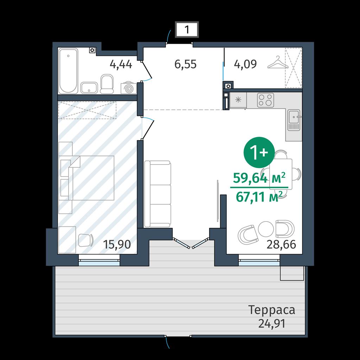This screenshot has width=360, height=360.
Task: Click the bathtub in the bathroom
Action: [x=69, y=71]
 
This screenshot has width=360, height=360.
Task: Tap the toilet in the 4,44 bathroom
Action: [x=107, y=84]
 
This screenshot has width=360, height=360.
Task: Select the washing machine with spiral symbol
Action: [x=129, y=88]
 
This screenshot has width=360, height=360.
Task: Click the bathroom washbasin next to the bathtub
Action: [x=89, y=88]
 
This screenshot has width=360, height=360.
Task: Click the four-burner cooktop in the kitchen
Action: [x=266, y=100]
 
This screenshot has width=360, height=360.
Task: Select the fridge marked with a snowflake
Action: [x=238, y=100]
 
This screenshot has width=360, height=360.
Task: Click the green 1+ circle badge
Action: [x=259, y=152]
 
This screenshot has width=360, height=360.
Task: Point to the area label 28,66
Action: [x=281, y=245]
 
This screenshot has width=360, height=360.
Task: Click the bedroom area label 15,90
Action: [x=117, y=244]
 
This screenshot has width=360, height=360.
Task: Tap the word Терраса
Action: [x=272, y=310]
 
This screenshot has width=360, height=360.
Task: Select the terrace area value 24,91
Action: [x=272, y=324]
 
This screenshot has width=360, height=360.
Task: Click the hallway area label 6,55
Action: [x=186, y=64]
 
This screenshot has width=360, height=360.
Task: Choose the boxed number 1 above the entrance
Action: [x=187, y=30]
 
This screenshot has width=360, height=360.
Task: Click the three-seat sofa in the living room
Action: [x=157, y=194]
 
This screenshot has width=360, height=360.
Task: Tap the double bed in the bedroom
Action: [x=87, y=178]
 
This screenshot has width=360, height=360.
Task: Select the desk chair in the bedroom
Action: [x=86, y=240]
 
